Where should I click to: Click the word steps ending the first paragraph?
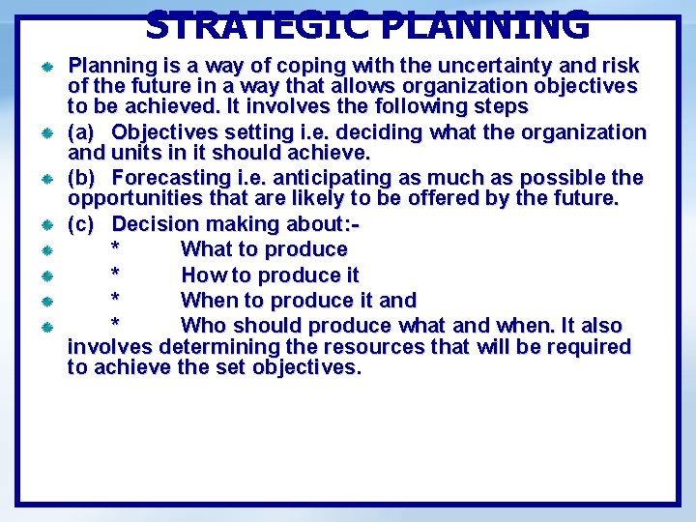pos(497,106)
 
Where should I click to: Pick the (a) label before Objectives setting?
pos(81,131)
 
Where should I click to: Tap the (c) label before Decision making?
pos(81,224)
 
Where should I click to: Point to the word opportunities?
pos(129,199)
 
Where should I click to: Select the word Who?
pos(203,326)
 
